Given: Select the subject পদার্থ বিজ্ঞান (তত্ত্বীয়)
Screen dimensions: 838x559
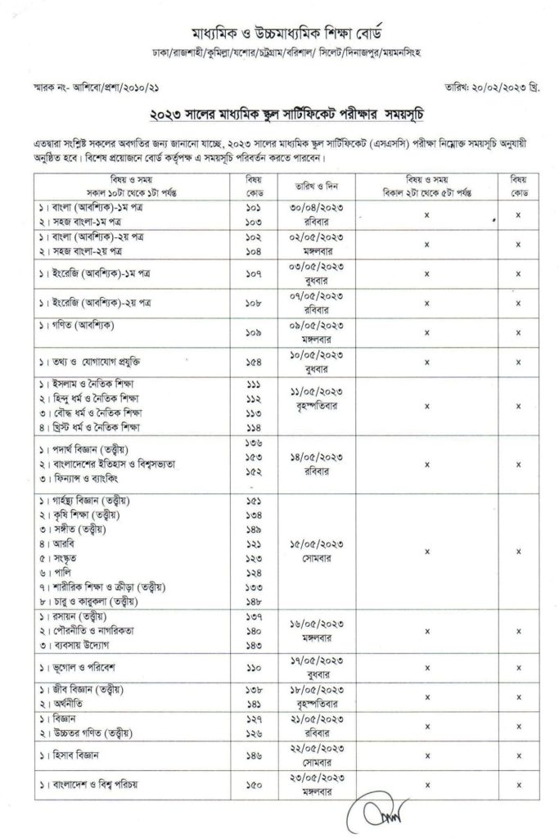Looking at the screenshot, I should [89, 450].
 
